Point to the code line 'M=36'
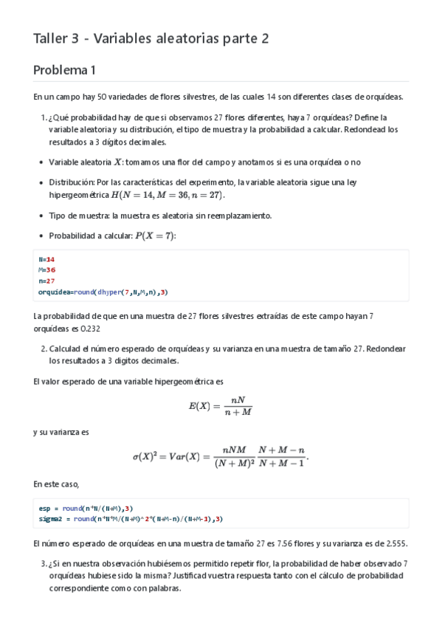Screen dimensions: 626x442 coord(46,269)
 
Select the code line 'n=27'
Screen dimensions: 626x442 coord(46,281)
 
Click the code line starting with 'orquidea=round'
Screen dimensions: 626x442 coord(103,292)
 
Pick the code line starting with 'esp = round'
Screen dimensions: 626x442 coord(86,508)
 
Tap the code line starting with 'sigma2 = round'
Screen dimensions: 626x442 coord(131,518)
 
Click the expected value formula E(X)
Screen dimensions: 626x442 coord(221,406)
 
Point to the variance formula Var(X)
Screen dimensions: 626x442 coord(220,457)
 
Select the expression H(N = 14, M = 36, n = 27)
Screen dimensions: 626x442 coord(167,196)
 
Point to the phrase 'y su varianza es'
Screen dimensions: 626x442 coord(61,432)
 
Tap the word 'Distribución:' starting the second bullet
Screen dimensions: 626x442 coord(73,182)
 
